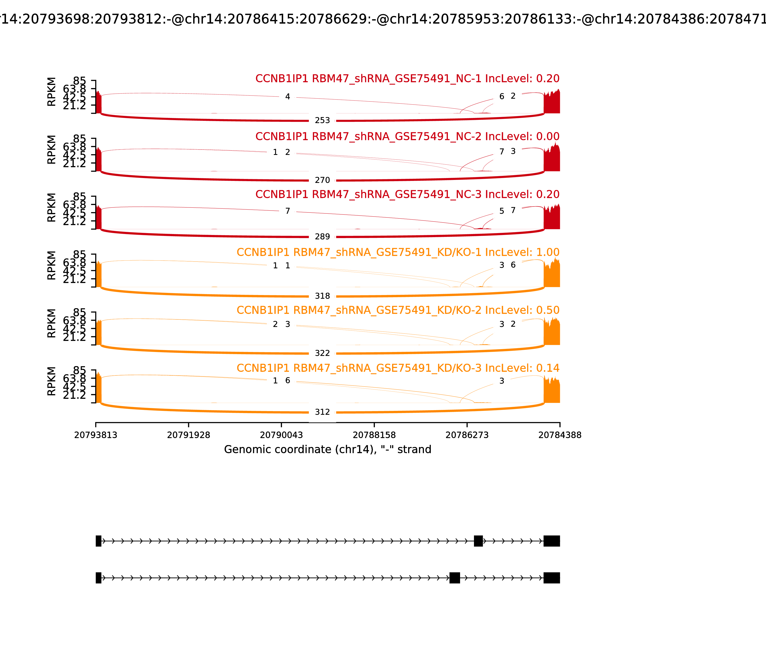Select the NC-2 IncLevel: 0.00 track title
(x=407, y=136)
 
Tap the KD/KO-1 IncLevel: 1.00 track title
(x=398, y=252)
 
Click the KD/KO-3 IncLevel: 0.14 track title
(x=398, y=368)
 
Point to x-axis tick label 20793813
(x=96, y=435)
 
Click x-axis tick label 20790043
(x=281, y=435)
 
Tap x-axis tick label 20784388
(x=560, y=435)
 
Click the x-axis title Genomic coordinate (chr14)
(x=328, y=449)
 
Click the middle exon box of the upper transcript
(x=478, y=541)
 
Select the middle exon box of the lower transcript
(x=454, y=578)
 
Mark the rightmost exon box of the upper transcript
(x=552, y=541)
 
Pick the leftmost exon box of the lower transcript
(x=98, y=578)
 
